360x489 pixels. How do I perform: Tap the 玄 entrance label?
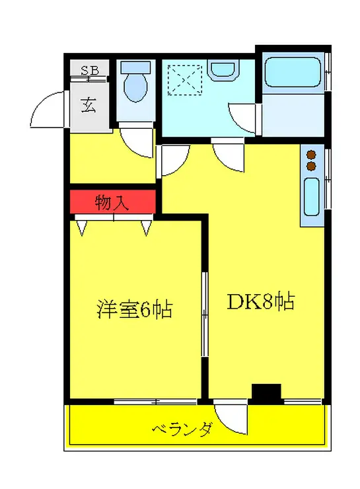[88, 105]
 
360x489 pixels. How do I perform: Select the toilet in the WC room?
[137, 85]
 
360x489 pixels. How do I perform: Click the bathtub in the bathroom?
[292, 74]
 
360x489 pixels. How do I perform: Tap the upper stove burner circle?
[311, 156]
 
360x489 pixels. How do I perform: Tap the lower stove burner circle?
[311, 167]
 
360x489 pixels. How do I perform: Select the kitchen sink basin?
[312, 198]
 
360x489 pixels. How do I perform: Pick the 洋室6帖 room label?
[135, 309]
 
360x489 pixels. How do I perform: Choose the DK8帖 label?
[260, 302]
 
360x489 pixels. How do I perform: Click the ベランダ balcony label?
[182, 430]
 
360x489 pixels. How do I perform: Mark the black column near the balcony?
[266, 393]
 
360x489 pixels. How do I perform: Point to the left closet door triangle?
[82, 228]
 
